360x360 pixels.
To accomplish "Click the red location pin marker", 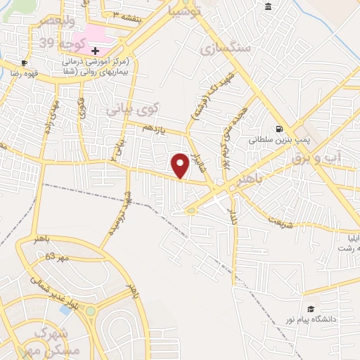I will point(181,165).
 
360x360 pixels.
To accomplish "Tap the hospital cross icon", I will point(95,51).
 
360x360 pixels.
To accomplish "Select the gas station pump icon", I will point(280,129).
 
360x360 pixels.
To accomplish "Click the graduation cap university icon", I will point(310,309).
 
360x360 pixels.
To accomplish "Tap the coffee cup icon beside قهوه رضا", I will point(25,63).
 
